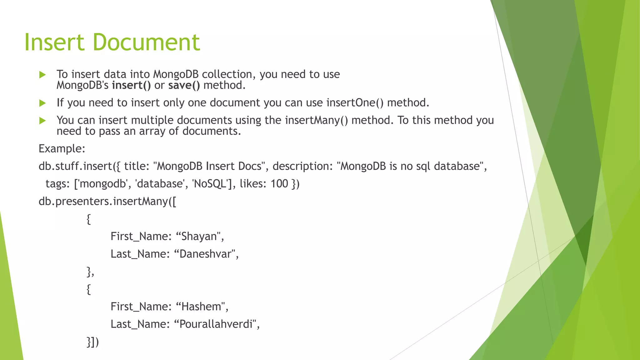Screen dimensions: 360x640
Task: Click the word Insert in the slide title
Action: (x=54, y=42)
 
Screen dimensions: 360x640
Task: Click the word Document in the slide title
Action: (x=146, y=42)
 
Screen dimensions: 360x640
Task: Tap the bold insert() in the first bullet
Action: (x=131, y=85)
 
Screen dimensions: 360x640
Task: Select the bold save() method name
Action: (x=184, y=85)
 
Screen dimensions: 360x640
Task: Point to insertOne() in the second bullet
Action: (x=355, y=103)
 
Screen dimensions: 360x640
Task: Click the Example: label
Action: (x=62, y=149)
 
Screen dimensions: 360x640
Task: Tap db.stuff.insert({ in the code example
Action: (x=79, y=166)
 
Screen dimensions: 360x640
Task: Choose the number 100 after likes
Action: (x=279, y=184)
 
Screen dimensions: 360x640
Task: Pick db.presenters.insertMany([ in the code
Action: (x=107, y=201)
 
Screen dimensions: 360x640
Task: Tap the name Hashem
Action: (x=201, y=307)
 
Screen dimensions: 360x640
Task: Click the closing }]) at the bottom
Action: (x=92, y=342)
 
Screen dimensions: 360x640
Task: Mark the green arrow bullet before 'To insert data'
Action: (x=42, y=75)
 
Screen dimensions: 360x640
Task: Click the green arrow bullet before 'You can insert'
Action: (x=42, y=121)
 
